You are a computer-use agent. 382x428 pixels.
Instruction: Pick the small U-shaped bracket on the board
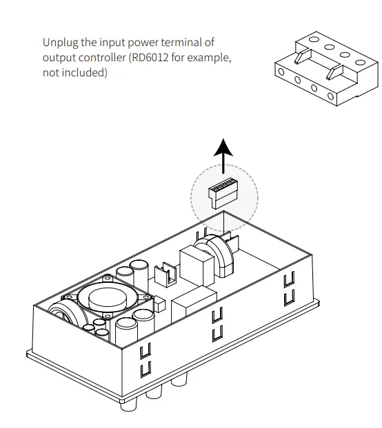163,276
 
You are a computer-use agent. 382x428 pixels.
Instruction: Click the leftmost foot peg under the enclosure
128,404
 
